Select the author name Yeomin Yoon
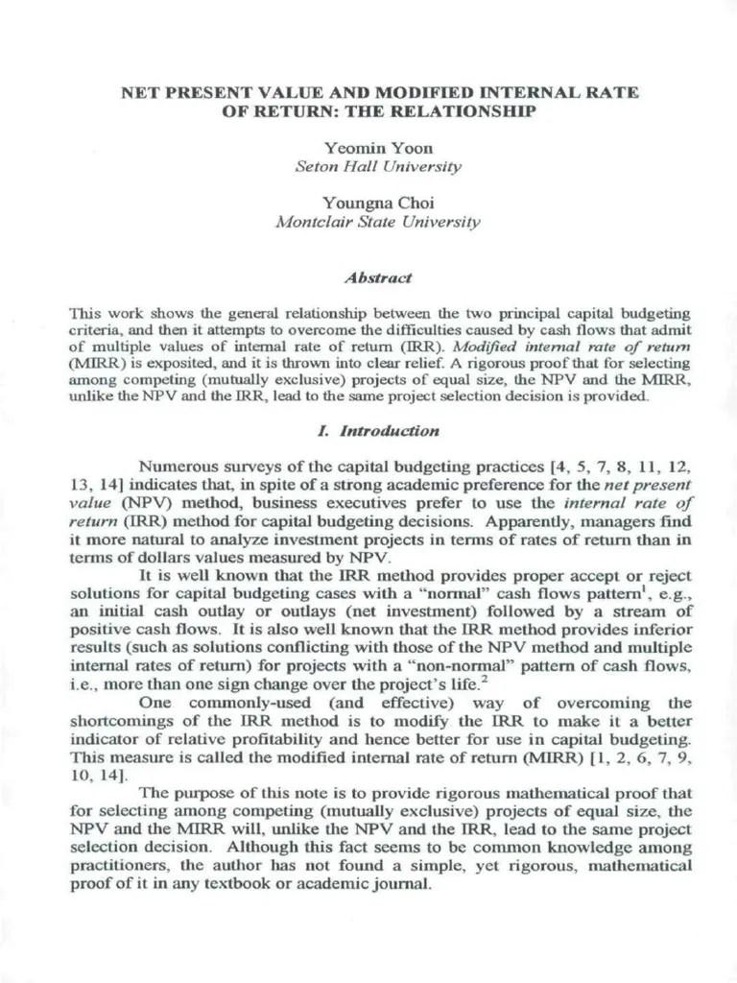click(378, 148)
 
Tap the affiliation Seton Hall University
click(378, 166)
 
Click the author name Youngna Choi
click(378, 203)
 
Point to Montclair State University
click(378, 221)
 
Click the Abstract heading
click(378, 277)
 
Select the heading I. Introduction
click(378, 431)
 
